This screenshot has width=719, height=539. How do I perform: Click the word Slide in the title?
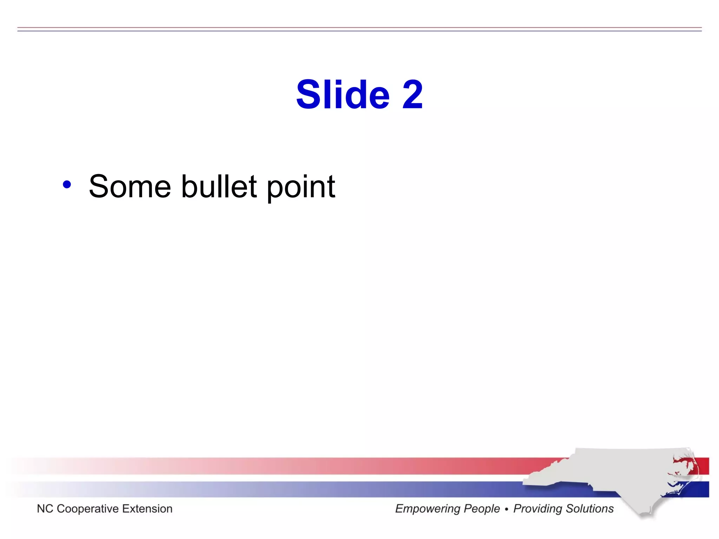click(343, 94)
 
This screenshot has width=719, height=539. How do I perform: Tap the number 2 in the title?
click(412, 94)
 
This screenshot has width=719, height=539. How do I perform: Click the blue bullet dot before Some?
click(67, 184)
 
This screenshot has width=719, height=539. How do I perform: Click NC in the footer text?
click(45, 509)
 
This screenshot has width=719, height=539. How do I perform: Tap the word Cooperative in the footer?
click(88, 509)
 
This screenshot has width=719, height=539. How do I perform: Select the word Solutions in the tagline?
click(589, 509)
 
